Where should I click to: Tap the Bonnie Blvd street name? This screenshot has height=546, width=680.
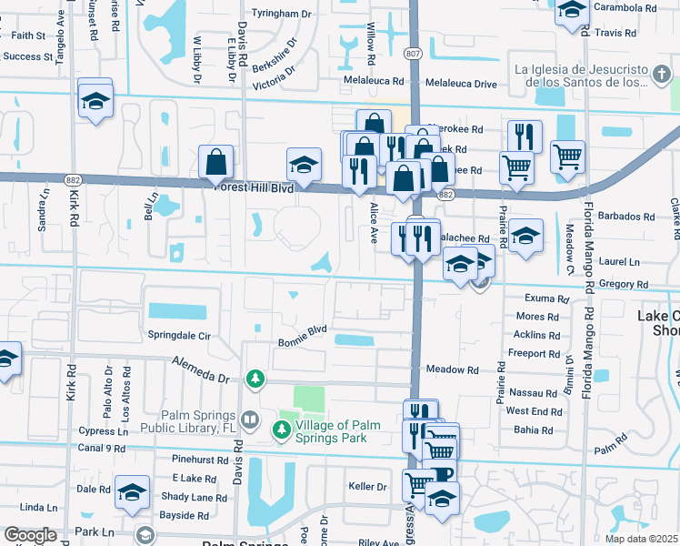pyautogui.click(x=302, y=342)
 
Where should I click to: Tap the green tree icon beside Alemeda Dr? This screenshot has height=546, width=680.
pyautogui.click(x=256, y=378)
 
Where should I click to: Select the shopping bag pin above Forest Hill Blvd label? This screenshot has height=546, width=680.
pyautogui.click(x=216, y=163)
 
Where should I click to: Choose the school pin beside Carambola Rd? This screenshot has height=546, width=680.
pyautogui.click(x=572, y=12)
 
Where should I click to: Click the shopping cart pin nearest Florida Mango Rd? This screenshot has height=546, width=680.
pyautogui.click(x=567, y=157)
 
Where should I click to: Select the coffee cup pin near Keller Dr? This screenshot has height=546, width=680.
pyautogui.click(x=440, y=474)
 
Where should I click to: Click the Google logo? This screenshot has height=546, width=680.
pyautogui.click(x=30, y=535)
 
